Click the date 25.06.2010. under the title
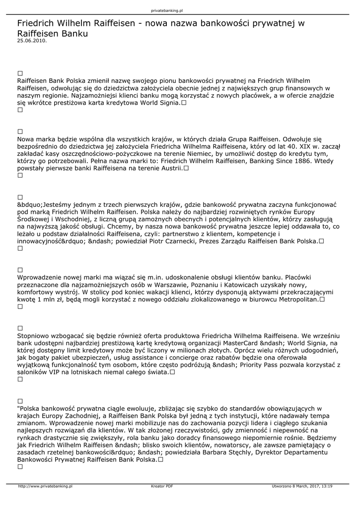pyautogui.click(x=32, y=41)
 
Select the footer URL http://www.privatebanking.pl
pyautogui.click(x=46, y=486)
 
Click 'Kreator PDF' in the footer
pyautogui.click(x=162, y=486)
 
